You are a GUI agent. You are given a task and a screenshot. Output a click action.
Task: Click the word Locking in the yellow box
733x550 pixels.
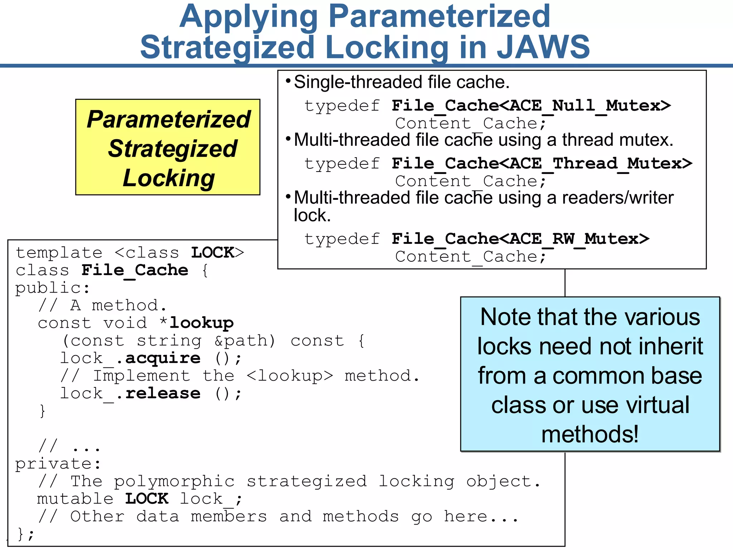169,178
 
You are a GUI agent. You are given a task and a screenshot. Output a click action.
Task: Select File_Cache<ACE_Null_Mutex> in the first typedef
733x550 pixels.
531,106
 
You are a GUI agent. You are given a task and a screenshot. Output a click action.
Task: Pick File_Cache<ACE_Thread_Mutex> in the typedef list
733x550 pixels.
542,164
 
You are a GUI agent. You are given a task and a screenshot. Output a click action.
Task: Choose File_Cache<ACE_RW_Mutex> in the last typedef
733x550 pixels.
520,239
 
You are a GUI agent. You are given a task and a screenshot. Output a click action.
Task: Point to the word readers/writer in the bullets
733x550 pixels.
618,198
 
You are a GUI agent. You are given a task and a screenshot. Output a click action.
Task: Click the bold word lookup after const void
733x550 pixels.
202,323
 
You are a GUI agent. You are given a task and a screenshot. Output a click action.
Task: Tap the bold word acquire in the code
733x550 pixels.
163,358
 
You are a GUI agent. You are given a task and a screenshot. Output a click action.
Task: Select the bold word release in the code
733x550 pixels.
163,393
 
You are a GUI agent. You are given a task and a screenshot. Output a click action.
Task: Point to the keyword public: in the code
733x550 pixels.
53,288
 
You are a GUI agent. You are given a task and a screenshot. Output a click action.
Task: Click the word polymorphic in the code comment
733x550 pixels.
174,481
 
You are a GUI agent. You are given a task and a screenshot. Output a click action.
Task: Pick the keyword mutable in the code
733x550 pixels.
75,499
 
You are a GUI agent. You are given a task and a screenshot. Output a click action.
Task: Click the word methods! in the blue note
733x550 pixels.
590,434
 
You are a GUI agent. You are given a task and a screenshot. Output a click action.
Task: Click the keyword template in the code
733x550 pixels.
59,253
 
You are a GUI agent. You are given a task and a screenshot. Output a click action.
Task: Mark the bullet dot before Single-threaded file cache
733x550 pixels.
288,80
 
